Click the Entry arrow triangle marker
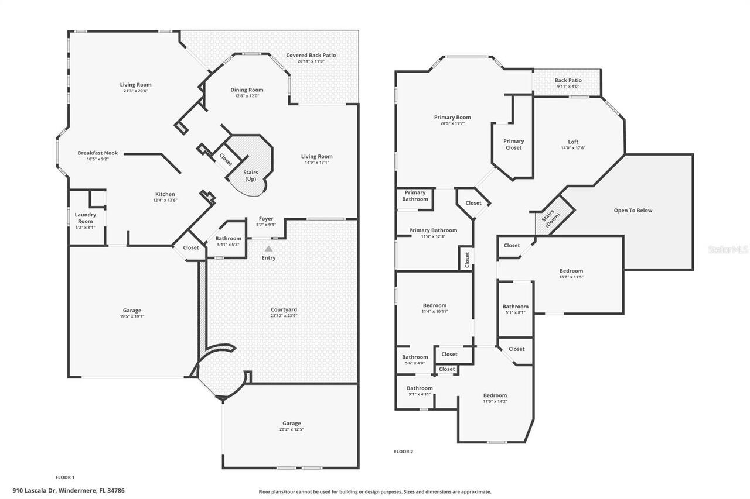pyautogui.click(x=268, y=249)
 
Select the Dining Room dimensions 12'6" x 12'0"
pyautogui.click(x=247, y=96)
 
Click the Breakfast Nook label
pyautogui.click(x=98, y=153)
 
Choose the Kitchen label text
pyautogui.click(x=165, y=194)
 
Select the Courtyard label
pyautogui.click(x=284, y=310)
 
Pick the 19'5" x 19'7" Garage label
pyautogui.click(x=132, y=314)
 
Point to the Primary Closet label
pyautogui.click(x=514, y=144)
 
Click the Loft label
pyautogui.click(x=573, y=142)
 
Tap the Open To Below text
pyautogui.click(x=633, y=211)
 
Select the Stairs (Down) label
pyautogui.click(x=551, y=218)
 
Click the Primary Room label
pyautogui.click(x=452, y=118)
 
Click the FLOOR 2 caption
pyautogui.click(x=404, y=452)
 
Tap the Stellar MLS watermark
pyautogui.click(x=728, y=249)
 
